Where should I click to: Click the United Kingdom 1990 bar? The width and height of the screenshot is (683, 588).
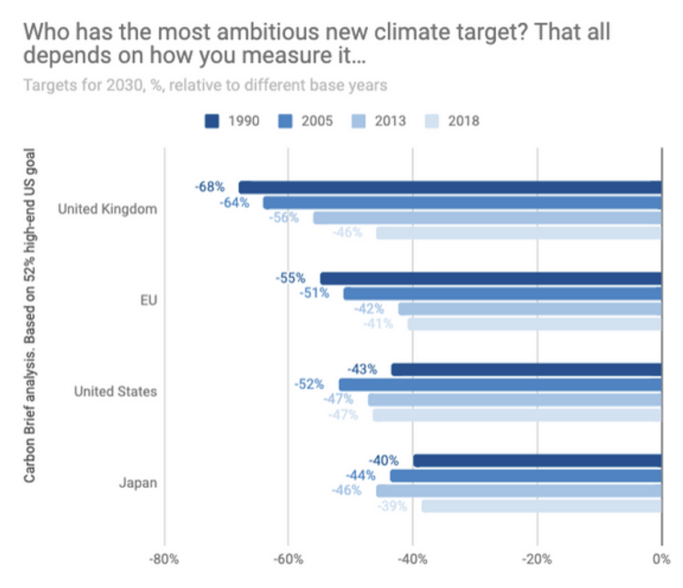tap(450, 187)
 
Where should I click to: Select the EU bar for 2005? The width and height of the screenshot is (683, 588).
tap(502, 294)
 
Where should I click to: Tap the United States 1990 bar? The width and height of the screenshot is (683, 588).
tap(526, 369)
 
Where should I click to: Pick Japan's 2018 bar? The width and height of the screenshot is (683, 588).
tap(542, 506)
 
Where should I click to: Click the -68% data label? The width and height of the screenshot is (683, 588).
tap(209, 187)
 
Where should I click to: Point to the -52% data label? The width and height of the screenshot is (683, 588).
tap(309, 384)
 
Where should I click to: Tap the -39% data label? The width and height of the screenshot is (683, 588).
tap(392, 506)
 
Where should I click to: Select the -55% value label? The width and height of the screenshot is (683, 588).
tap(290, 278)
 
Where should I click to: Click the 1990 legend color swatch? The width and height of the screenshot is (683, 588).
tap(212, 121)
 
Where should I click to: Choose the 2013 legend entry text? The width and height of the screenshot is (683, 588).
tap(390, 121)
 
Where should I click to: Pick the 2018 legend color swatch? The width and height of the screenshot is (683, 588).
tap(432, 121)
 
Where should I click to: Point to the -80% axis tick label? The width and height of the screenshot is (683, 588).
tap(164, 559)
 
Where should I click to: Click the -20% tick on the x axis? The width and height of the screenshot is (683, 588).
tap(537, 559)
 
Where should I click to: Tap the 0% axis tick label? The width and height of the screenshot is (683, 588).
tap(661, 559)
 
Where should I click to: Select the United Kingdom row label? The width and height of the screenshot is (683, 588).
tap(108, 209)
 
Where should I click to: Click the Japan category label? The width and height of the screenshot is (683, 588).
tap(138, 483)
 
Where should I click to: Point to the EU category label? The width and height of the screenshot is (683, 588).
tap(149, 301)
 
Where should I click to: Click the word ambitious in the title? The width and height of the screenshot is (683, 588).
tap(268, 32)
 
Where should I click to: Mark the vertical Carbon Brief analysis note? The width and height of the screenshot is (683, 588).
tap(30, 316)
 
